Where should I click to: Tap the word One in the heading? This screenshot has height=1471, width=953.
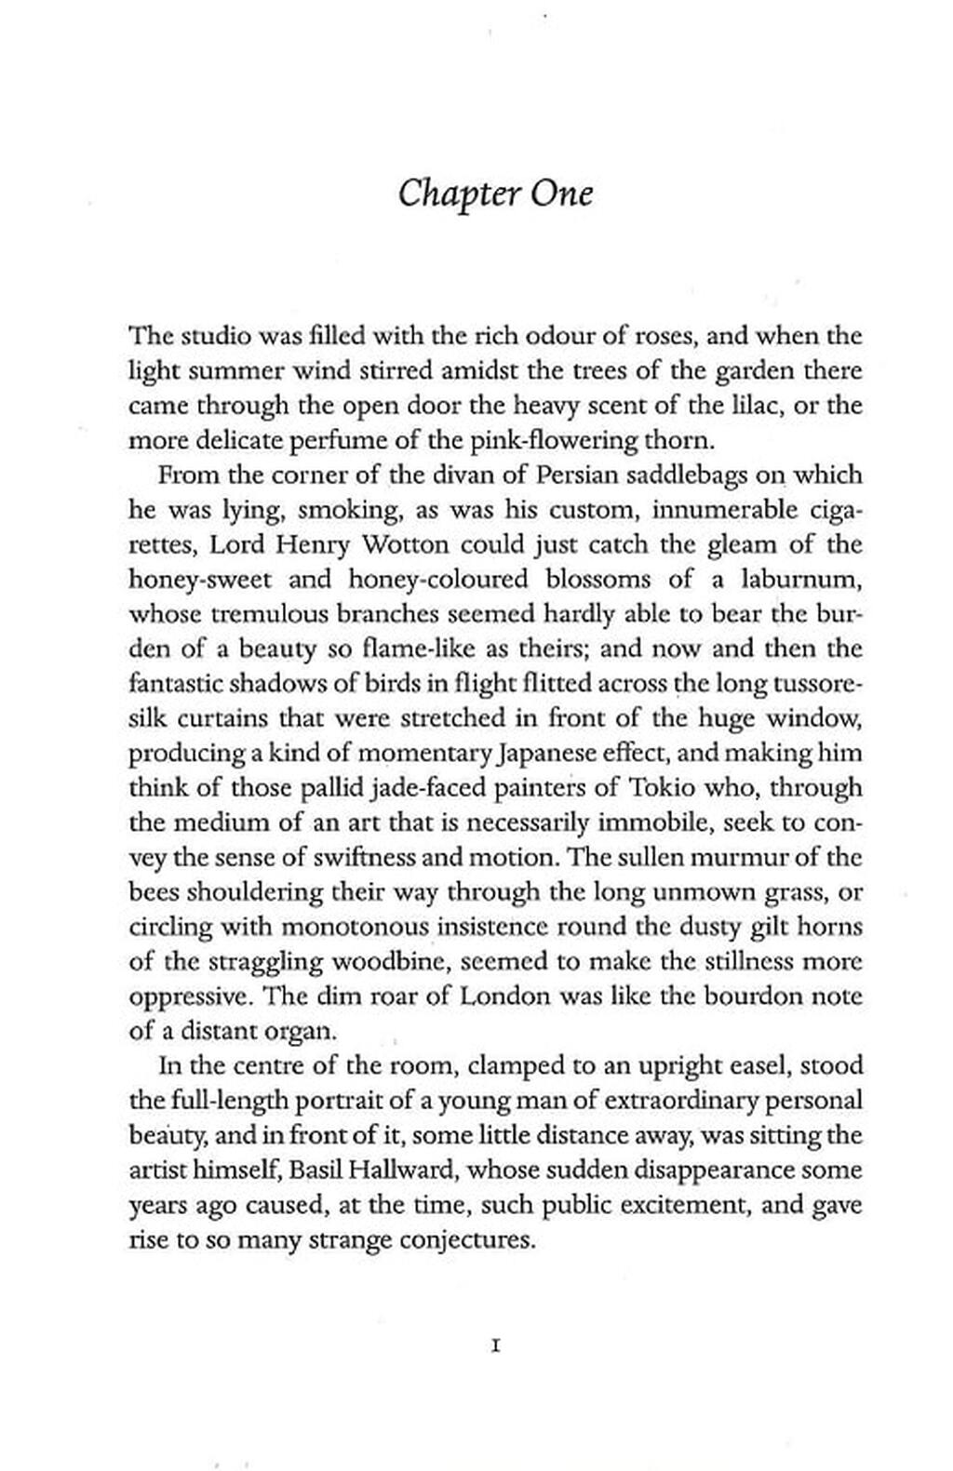(x=562, y=194)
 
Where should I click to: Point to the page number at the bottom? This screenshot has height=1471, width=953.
(x=495, y=1345)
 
